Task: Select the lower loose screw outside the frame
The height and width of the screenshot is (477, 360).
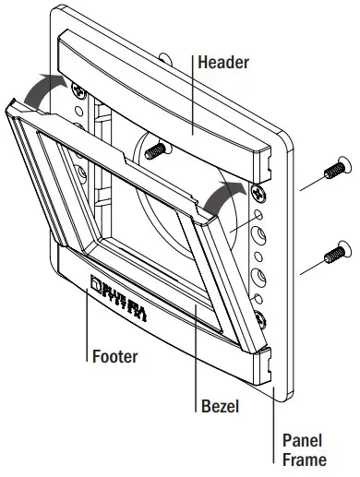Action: [x=338, y=251]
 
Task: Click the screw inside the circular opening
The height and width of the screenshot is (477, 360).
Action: [x=156, y=149]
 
